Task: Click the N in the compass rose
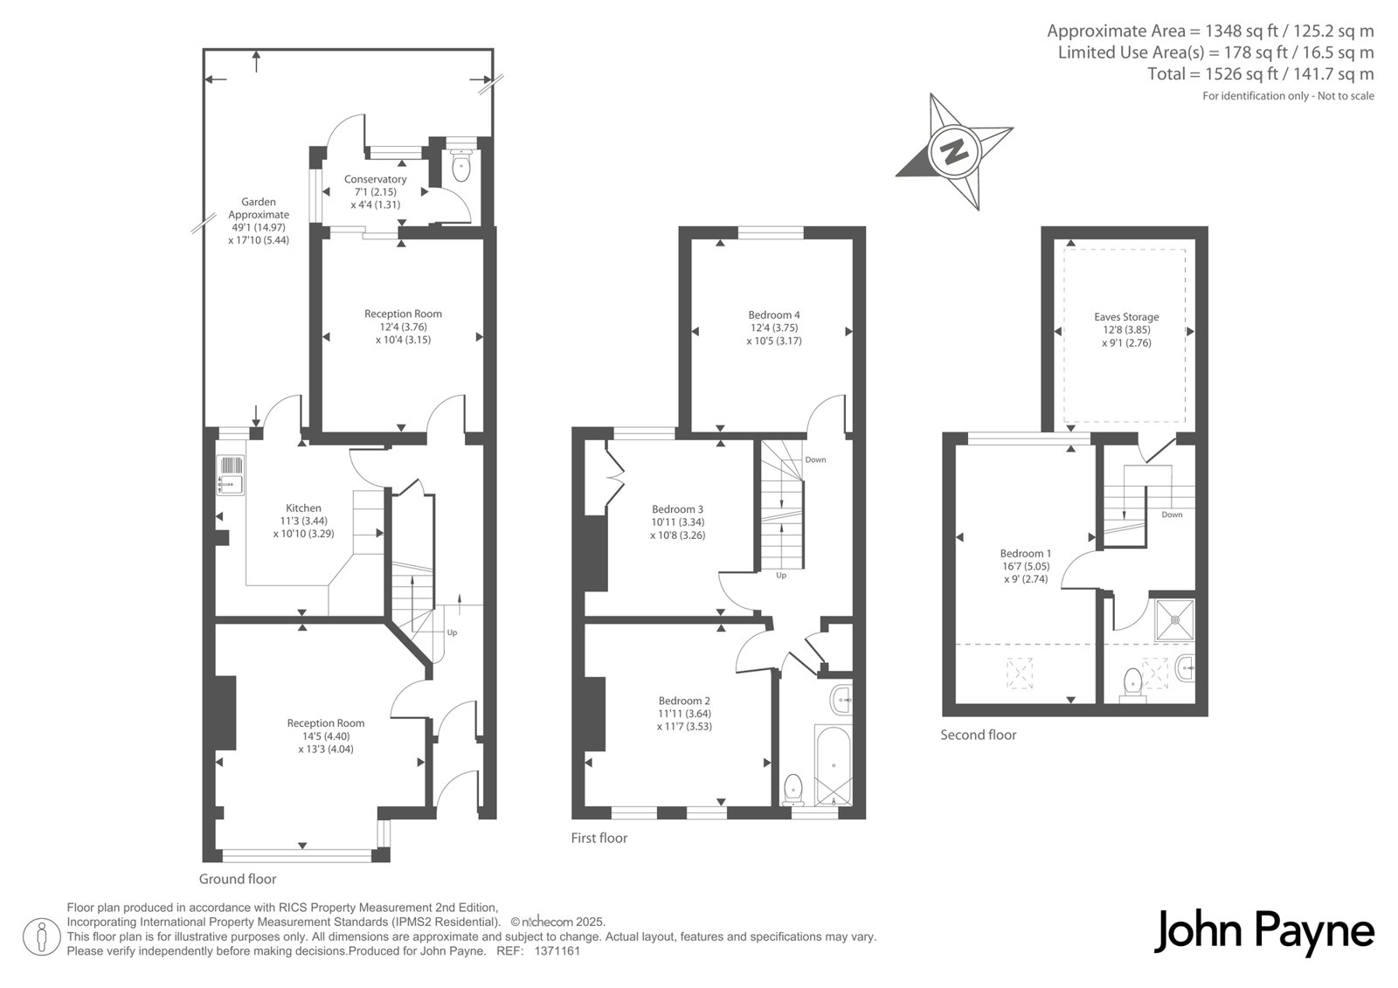[x=953, y=152]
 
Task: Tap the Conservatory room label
[x=375, y=179]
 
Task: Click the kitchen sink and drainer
[x=231, y=475]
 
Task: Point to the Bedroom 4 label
[x=774, y=315]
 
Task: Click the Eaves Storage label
[x=1126, y=317]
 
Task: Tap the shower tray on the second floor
[x=1174, y=619]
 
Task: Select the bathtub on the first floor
[x=834, y=765]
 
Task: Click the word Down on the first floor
[x=815, y=460]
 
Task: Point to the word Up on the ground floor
[x=452, y=632]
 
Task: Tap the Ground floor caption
[x=238, y=880]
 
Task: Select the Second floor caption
[x=978, y=736]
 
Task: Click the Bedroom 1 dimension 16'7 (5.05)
[x=1025, y=567]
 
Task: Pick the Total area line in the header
[x=1261, y=74]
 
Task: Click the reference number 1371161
[x=557, y=951]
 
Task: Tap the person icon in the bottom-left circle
[x=41, y=936]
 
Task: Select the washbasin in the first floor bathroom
[x=842, y=701]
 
